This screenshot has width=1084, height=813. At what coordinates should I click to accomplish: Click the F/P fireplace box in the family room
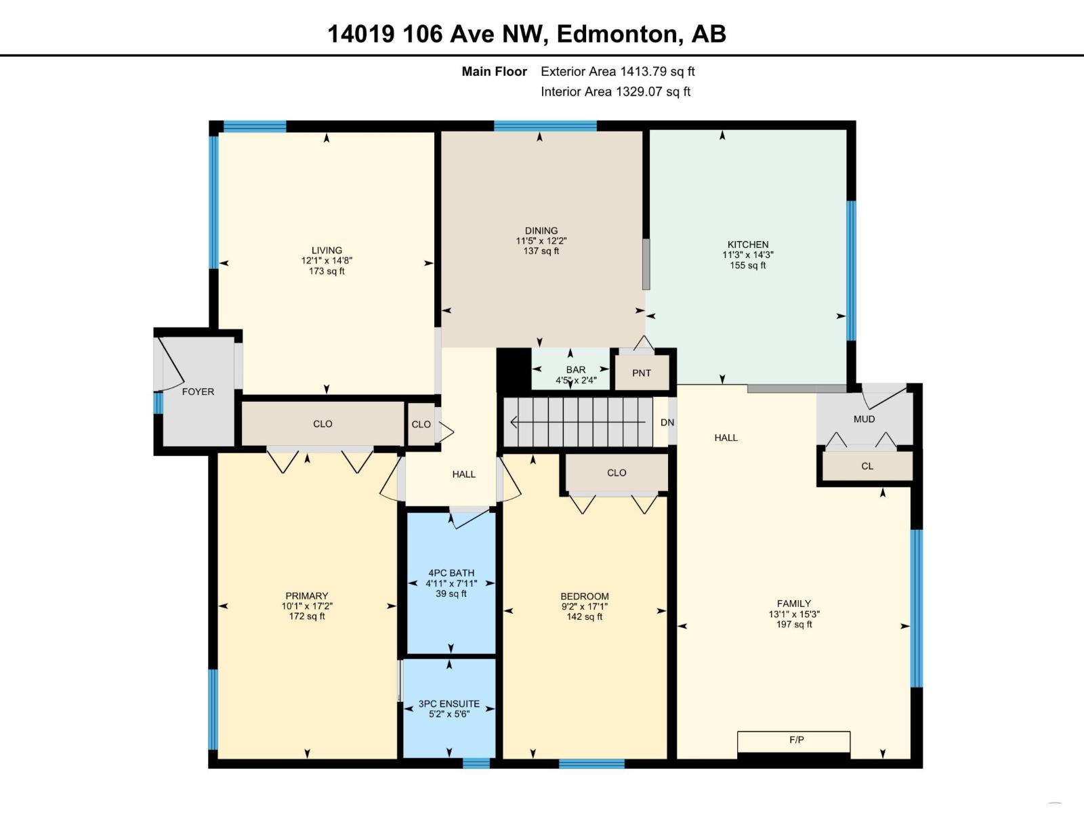[793, 741]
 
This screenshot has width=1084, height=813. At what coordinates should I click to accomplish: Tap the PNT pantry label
[641, 373]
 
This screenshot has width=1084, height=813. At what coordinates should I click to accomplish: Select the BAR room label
[575, 370]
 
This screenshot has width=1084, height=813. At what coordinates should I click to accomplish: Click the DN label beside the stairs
[667, 423]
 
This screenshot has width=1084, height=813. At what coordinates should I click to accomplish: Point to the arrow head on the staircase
[514, 423]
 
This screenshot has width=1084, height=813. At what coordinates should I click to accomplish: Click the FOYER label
[198, 392]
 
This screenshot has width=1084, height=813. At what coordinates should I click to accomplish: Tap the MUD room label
[864, 419]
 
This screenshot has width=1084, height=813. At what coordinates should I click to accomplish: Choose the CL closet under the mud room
[867, 466]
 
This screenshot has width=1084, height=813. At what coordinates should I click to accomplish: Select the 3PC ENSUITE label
[449, 704]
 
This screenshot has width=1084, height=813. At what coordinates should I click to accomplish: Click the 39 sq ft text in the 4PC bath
[451, 594]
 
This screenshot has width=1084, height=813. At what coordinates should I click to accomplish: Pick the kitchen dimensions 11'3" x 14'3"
[747, 255]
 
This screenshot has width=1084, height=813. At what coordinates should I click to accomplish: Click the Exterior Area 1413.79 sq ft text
[617, 71]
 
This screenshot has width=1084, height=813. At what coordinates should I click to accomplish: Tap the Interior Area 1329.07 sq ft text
[615, 91]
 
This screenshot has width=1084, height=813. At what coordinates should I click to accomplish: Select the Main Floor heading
[494, 71]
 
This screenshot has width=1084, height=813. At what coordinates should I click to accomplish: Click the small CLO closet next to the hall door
[421, 424]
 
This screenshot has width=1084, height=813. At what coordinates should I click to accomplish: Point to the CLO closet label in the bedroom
[617, 473]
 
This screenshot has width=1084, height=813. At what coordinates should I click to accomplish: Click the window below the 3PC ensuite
[476, 764]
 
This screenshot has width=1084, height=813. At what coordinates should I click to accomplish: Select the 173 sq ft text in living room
[327, 271]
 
